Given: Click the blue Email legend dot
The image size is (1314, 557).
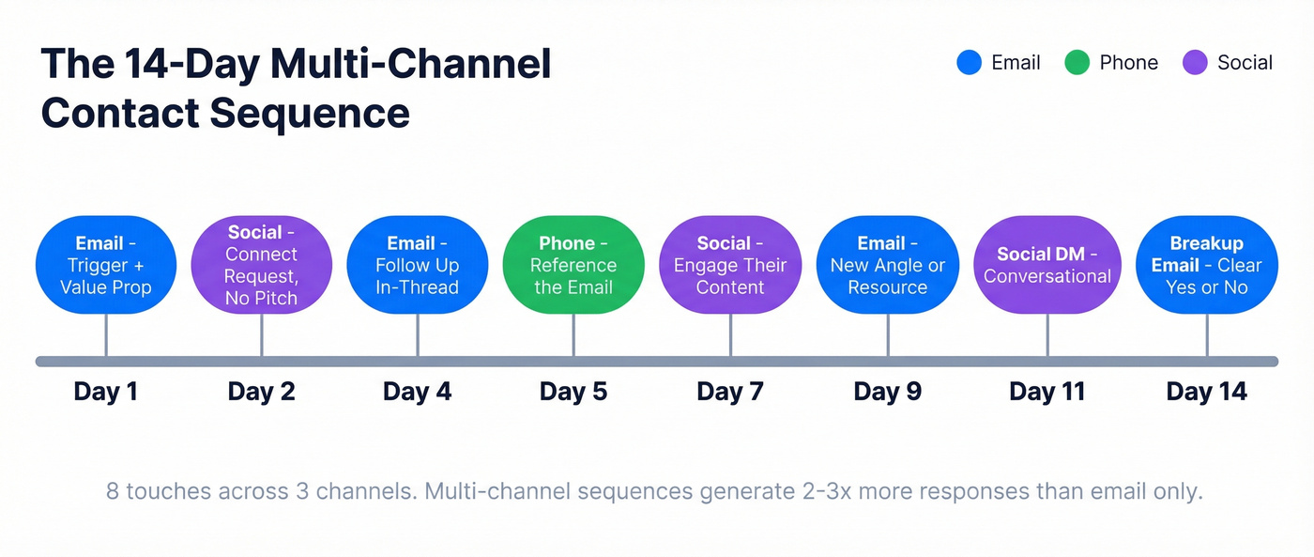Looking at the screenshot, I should pos(969,63).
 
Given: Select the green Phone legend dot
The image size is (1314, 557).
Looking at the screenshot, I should pos(1077,63).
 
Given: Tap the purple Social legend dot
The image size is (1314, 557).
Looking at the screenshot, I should pos(1195,63).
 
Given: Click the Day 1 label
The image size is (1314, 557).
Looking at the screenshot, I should pos(105,392).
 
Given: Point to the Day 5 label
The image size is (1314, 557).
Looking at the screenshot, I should pos(573,392).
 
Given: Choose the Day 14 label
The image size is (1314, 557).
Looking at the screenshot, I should pos(1206,392).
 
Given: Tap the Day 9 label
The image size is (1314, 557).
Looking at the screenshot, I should pos(887,392).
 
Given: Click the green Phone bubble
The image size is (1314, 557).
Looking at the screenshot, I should pos(573,265).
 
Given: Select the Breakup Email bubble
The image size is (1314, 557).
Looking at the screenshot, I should pos(1206,265).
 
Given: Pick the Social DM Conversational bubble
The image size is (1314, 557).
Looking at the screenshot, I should pos(1047,265).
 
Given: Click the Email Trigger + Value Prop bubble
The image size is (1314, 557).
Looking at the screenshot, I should pos(105,265).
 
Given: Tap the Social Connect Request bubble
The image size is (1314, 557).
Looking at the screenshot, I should pos(261,265).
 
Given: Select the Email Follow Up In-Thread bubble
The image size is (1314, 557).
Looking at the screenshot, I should pos(417,265).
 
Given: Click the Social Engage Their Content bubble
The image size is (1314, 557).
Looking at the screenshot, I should pos(730,265).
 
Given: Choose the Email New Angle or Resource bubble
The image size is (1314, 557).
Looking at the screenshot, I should pos(887,265).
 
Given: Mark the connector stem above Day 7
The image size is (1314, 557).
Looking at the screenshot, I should pos(730,335).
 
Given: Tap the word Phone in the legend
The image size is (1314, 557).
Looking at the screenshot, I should pos(1128,63).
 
